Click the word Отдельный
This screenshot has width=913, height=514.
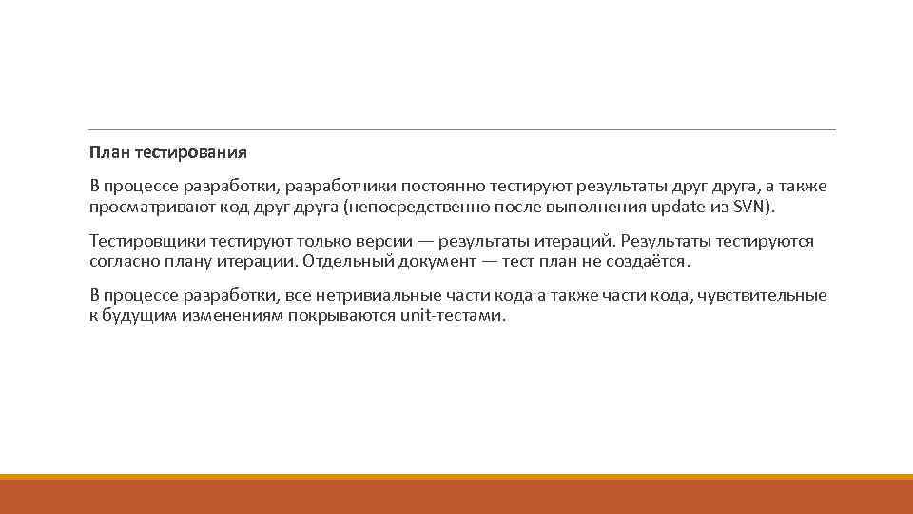click(x=340, y=261)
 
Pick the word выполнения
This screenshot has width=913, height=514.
click(x=582, y=207)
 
